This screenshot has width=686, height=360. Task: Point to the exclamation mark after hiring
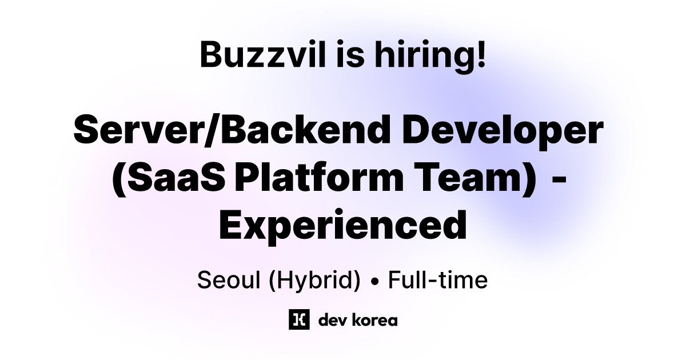coord(481,54)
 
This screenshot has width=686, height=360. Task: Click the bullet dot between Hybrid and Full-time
coord(374,282)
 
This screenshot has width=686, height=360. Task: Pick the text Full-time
coord(437,281)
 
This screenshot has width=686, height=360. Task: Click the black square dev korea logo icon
coord(299,319)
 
